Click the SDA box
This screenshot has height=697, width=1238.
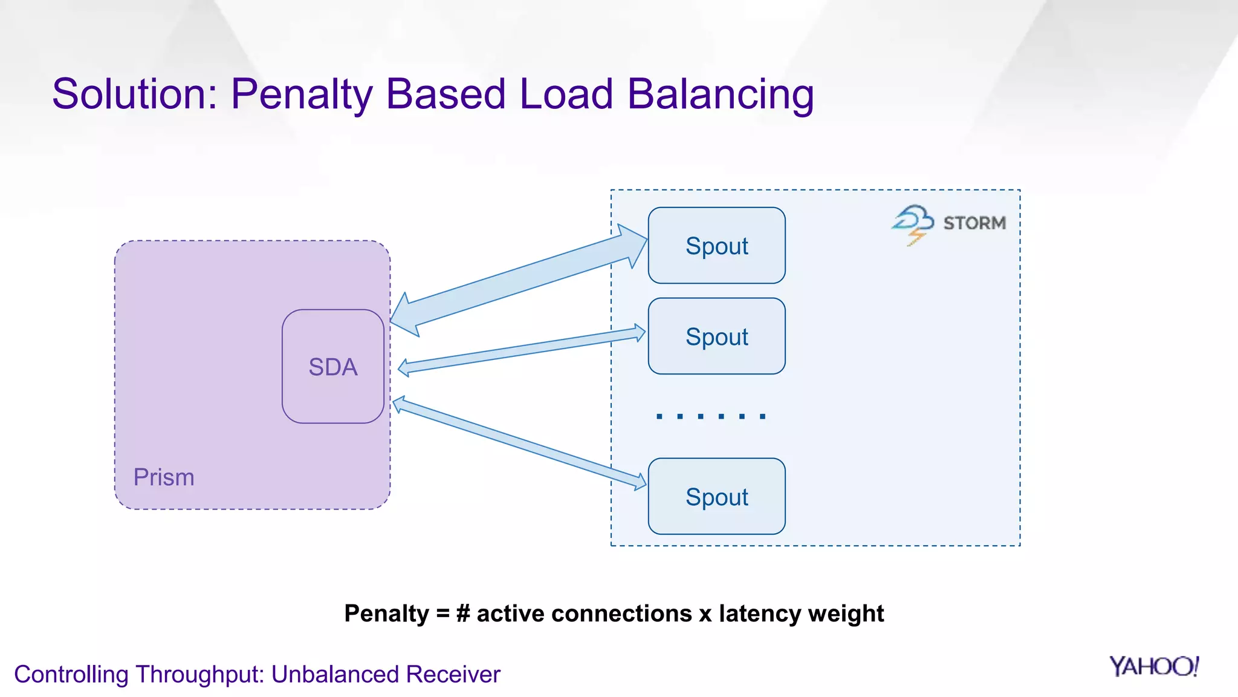point(333,366)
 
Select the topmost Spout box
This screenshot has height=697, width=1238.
point(716,246)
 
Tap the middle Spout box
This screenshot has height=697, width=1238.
point(716,336)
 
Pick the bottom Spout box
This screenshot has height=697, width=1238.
point(716,496)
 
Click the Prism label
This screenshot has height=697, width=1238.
point(164,477)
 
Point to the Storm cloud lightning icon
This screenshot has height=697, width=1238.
point(913,224)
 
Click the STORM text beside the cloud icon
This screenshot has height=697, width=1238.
point(974,223)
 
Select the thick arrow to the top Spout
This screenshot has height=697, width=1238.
point(518,281)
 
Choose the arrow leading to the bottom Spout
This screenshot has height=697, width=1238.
point(519,443)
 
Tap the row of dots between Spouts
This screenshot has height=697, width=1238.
point(711,416)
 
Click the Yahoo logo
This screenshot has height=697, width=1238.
point(1153,666)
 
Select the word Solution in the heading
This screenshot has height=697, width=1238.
point(134,94)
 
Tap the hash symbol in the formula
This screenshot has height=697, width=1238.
point(463,614)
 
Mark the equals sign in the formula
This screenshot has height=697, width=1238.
point(442,614)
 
